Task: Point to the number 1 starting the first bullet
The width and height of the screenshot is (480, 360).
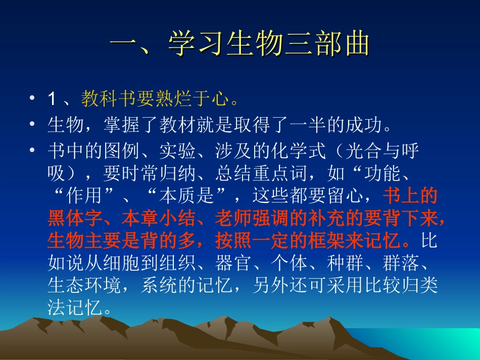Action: point(52,99)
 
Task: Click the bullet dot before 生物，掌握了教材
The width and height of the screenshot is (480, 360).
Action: point(32,125)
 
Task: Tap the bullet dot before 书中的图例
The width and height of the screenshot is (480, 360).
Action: point(32,150)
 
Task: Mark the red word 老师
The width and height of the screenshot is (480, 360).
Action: point(228,218)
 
